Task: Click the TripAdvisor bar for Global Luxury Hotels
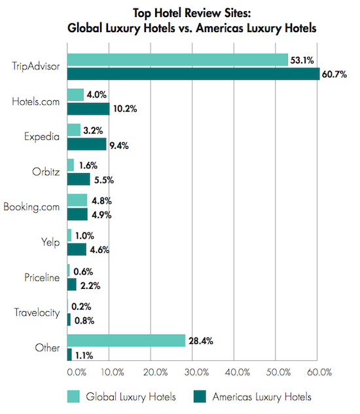[x=177, y=60]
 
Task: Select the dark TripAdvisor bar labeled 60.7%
[x=193, y=74]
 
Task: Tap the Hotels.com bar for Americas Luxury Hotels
[x=88, y=109]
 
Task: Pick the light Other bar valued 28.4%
[x=126, y=341]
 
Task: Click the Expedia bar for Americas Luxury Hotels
[x=87, y=144]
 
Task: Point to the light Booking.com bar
[x=77, y=200]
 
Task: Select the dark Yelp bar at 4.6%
[x=77, y=250]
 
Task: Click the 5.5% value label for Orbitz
[x=104, y=180]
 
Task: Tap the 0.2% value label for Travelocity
[x=81, y=307]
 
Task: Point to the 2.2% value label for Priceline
[x=90, y=286]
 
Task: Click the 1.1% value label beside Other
[x=84, y=356]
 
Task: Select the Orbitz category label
[x=46, y=172]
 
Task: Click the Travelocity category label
[x=37, y=312]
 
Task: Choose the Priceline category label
[x=42, y=278]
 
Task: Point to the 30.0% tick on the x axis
[x=196, y=372]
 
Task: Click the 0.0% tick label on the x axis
[x=77, y=372]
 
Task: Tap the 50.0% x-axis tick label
[x=278, y=372]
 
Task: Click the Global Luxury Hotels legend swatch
[x=73, y=396]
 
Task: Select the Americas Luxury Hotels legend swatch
[x=200, y=396]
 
